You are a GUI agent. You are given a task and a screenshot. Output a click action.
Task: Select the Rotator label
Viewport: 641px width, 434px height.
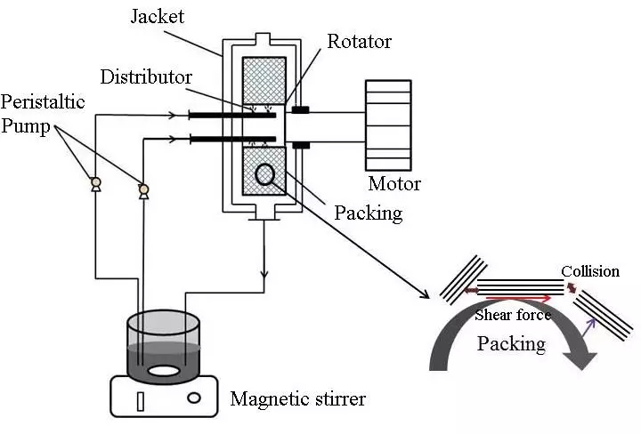click(359, 41)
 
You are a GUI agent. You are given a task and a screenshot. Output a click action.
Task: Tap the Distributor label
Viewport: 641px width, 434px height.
click(146, 78)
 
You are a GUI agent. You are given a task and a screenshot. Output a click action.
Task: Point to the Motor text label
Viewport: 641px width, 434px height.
click(394, 185)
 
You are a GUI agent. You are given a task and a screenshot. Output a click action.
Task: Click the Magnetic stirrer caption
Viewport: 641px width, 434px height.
click(297, 399)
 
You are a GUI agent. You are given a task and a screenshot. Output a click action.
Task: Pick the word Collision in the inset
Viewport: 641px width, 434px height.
click(590, 270)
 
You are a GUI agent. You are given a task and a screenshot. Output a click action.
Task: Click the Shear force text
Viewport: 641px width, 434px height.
click(512, 315)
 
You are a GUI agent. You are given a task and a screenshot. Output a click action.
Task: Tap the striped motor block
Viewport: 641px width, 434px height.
click(388, 125)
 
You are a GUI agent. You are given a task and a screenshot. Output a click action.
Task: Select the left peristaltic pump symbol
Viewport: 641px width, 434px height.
click(96, 184)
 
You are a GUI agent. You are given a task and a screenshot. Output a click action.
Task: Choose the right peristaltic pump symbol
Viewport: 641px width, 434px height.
click(142, 189)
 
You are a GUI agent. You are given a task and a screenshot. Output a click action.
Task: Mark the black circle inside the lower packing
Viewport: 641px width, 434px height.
click(264, 175)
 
